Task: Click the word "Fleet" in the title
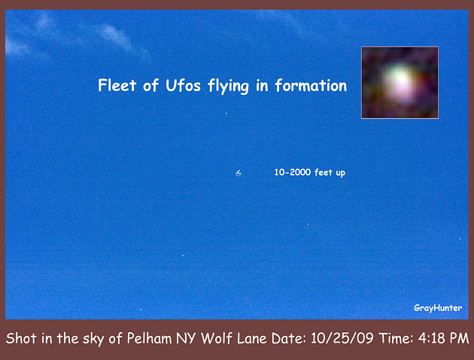[x=117, y=85]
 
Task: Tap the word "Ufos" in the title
[x=183, y=85]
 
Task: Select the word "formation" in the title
[x=311, y=85]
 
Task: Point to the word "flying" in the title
[x=228, y=87]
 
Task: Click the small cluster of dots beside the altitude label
[x=239, y=173]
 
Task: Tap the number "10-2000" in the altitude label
[x=293, y=172]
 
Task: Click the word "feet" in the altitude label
[x=324, y=172]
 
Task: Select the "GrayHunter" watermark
[x=438, y=308]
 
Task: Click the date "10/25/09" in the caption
[x=342, y=338]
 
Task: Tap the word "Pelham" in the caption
[x=149, y=338]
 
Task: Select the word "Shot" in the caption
[x=21, y=338]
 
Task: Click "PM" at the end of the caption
[x=459, y=338]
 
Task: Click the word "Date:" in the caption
[x=289, y=338]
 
